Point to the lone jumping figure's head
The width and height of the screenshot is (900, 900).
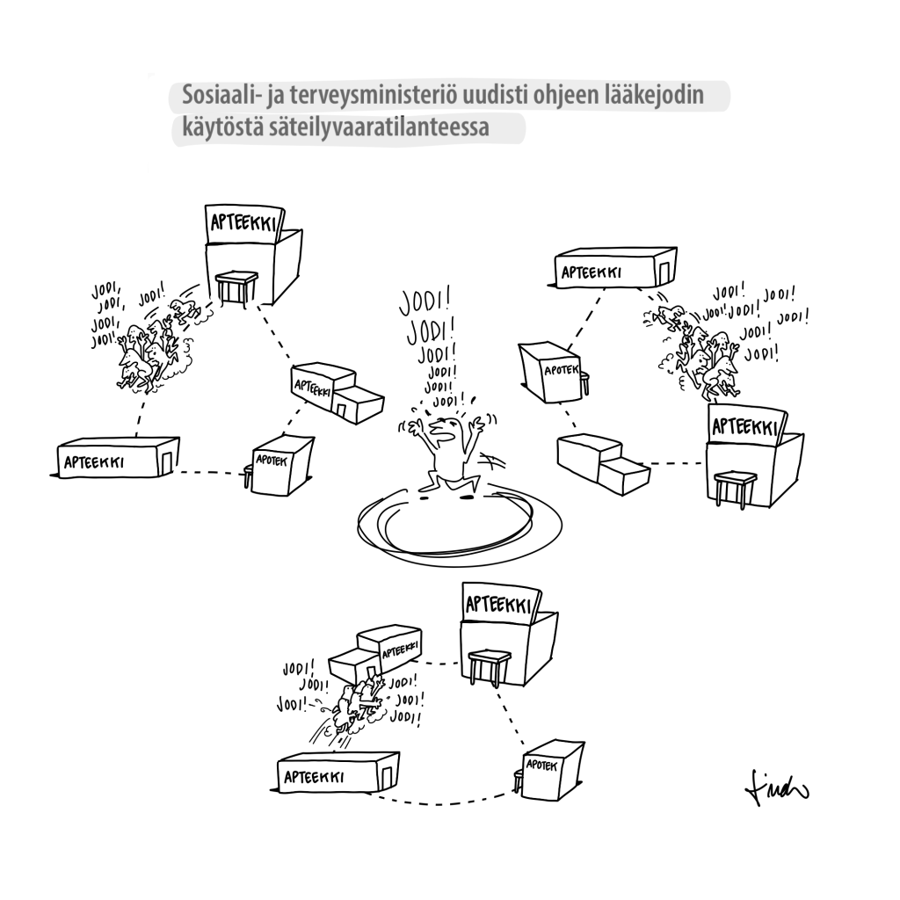point(444,428)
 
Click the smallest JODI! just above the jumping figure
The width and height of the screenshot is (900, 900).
point(448,400)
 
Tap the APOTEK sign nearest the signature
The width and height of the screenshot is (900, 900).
point(541,766)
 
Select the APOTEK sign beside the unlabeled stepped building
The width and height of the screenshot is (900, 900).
point(562,370)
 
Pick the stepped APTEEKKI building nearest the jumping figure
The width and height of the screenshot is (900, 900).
point(337,392)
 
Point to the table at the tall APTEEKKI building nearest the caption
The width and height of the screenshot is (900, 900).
point(236,287)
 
